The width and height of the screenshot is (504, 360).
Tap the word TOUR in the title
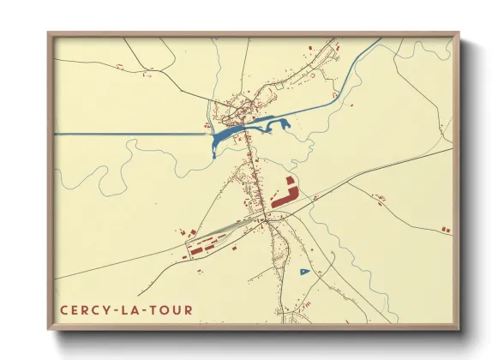(x=171, y=309)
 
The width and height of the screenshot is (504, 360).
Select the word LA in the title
(x=128, y=309)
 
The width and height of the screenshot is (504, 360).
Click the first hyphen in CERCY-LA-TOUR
(x=112, y=309)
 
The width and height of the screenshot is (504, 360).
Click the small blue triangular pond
(x=304, y=272)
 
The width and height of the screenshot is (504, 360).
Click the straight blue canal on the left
(x=129, y=134)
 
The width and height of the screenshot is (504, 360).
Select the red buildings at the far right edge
(x=445, y=229)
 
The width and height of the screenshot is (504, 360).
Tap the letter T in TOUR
(x=152, y=309)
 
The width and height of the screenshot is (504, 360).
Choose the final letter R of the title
(x=189, y=309)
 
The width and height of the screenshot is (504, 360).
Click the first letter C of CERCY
(x=64, y=309)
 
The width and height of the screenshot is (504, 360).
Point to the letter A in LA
(x=133, y=309)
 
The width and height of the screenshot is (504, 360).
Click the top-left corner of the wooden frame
(x=49, y=33)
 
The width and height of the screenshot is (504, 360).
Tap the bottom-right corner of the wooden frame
(x=459, y=329)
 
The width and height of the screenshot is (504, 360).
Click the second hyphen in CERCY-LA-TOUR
(x=142, y=309)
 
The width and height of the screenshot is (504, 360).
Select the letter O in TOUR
(x=164, y=309)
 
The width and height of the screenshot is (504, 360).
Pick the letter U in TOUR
(x=177, y=309)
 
